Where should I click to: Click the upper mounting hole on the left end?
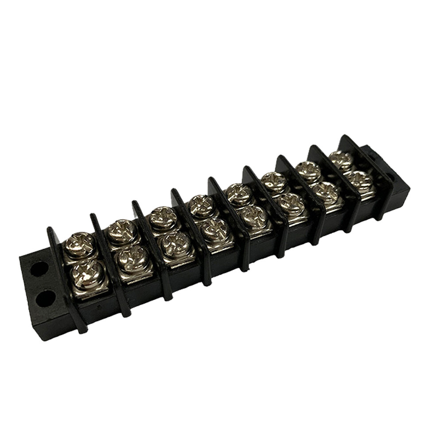pyautogui.click(x=39, y=268)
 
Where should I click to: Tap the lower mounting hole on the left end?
pyautogui.click(x=45, y=298)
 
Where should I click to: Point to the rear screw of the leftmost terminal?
pyautogui.click(x=80, y=243)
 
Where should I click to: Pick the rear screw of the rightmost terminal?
pyautogui.click(x=342, y=159)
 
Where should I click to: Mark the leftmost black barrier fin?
pyautogui.click(x=66, y=279)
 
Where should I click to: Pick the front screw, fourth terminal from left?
pyautogui.click(x=215, y=229)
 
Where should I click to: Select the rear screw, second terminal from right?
pyautogui.click(x=307, y=169)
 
